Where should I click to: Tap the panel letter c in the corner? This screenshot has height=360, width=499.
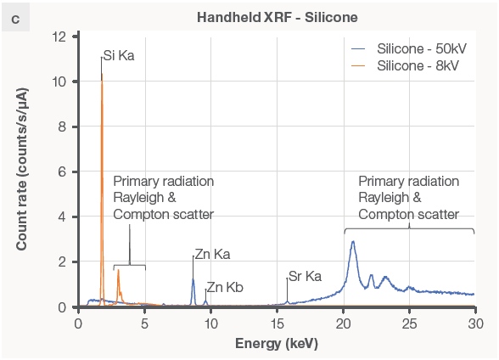pos(15,17)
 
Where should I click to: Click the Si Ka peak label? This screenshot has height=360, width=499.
pos(119,56)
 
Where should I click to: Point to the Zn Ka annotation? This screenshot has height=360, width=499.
pos(212,254)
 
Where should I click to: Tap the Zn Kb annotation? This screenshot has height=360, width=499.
pos(225,288)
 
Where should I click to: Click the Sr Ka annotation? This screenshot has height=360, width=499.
pos(306,277)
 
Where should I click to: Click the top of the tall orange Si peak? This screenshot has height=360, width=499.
pos(102,75)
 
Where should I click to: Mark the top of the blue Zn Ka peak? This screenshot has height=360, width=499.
pos(193,279)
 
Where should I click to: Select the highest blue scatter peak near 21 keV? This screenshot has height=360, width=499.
pos(353,242)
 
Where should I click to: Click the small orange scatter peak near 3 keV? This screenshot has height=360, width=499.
pos(118,270)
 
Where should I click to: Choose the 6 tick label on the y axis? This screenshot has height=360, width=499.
pos(62,172)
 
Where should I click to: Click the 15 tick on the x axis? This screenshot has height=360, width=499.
pos(277,323)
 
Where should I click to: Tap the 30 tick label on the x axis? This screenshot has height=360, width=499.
pos(475,323)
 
